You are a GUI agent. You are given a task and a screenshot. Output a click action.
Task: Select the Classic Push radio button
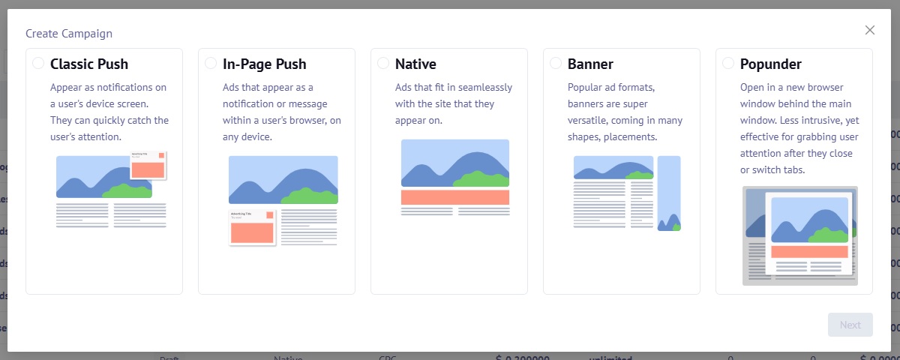(38, 64)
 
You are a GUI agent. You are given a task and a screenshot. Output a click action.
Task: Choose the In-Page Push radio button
(211, 64)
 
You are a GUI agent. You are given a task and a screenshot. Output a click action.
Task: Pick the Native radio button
(383, 64)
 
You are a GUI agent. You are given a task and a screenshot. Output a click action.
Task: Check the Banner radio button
(556, 64)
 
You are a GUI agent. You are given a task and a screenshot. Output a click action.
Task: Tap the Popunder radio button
(728, 64)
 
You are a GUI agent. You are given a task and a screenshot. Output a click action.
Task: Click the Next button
(850, 325)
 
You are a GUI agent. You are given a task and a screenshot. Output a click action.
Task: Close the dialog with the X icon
(870, 30)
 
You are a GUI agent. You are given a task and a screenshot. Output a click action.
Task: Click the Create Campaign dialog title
(69, 34)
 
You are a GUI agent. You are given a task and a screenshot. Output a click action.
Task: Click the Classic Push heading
(89, 64)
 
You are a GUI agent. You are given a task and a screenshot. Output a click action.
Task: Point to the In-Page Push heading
(265, 64)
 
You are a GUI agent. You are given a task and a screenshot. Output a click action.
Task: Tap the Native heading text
(415, 64)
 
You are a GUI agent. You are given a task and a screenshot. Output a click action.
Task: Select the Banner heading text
(591, 64)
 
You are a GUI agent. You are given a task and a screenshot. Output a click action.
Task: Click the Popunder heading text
(771, 64)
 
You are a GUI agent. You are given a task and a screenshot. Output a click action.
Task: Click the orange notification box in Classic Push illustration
(148, 169)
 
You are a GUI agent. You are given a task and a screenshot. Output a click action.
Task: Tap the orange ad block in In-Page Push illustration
(252, 232)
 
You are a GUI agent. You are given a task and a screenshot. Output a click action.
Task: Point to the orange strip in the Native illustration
(455, 197)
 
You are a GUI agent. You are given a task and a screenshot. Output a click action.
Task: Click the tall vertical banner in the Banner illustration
(668, 193)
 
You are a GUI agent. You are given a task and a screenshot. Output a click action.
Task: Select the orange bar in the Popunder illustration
(809, 252)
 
